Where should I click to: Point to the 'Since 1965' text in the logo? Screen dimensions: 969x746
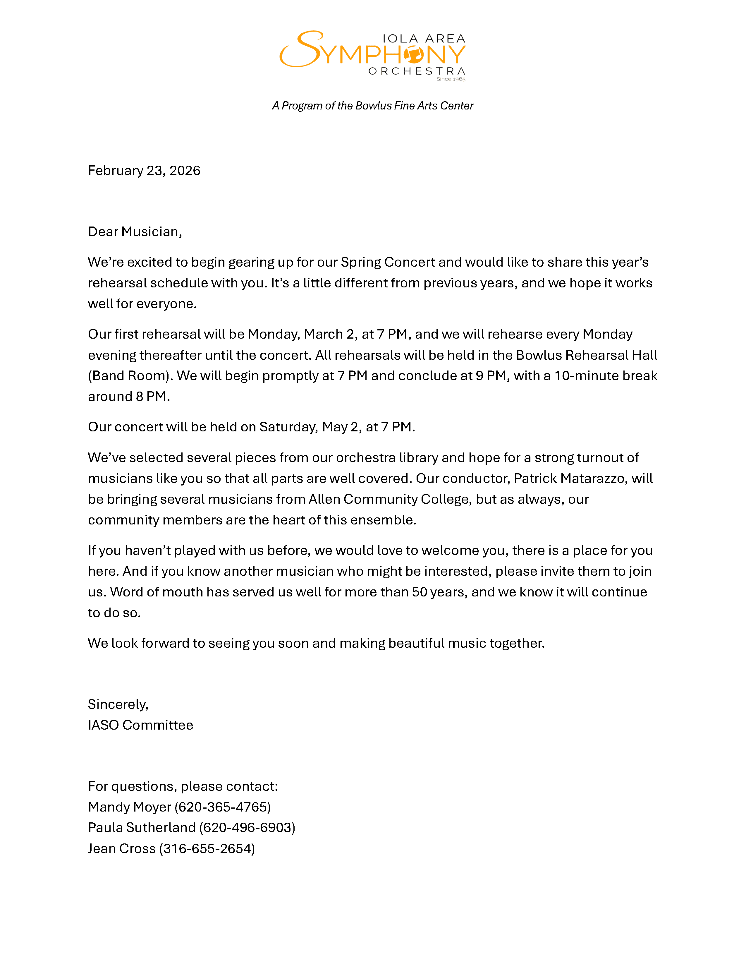[451, 79]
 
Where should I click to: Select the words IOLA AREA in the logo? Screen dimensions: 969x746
[424, 39]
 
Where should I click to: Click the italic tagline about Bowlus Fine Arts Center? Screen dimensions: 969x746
[372, 106]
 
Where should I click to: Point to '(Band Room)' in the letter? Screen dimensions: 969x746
[130, 376]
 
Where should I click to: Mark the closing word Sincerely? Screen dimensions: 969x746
[118, 704]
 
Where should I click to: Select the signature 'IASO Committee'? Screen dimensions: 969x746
[140, 725]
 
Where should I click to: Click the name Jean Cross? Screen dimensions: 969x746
[121, 848]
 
